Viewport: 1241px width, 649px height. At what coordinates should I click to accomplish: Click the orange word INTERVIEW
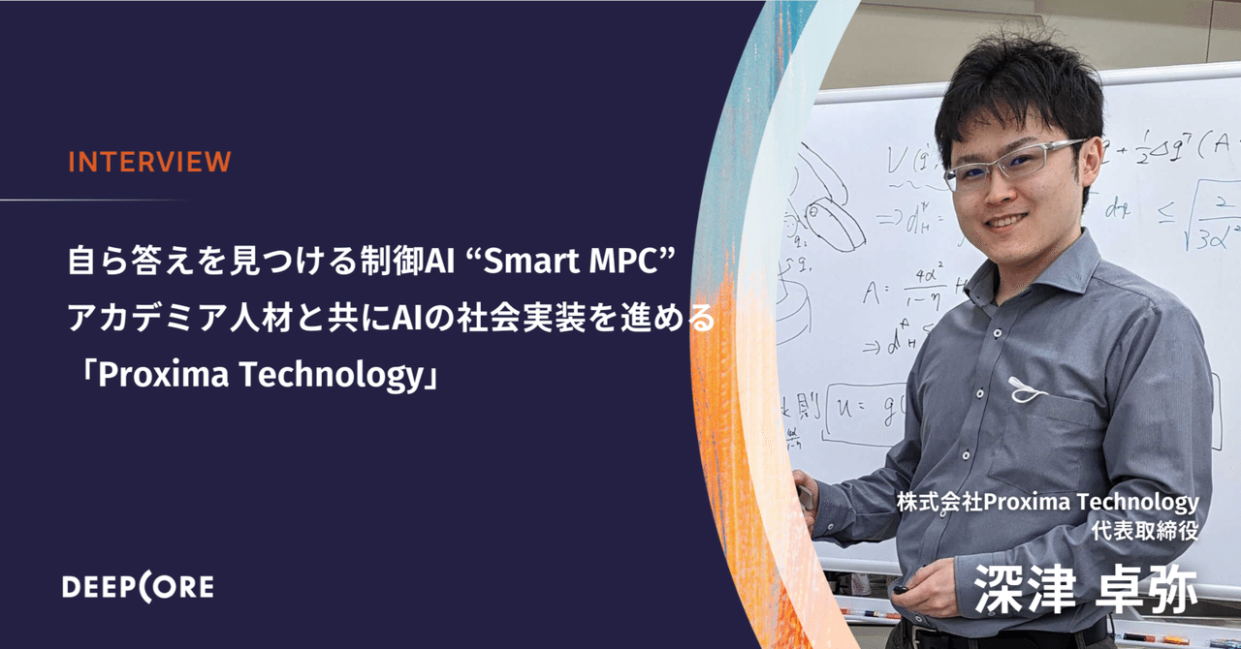[148, 162]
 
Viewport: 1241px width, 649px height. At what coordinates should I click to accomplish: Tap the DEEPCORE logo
[138, 586]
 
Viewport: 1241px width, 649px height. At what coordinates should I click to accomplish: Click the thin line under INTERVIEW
[92, 200]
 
